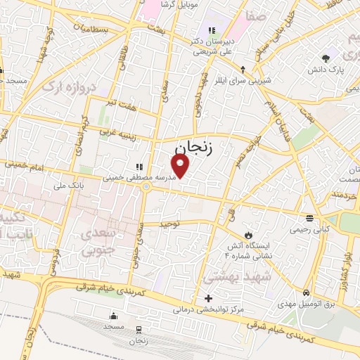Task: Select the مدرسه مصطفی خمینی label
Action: point(139,178)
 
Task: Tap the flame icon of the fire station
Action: point(247,234)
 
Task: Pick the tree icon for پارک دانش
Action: point(325,58)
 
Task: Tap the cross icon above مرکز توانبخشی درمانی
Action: point(208,298)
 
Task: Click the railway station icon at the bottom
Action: point(138,329)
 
